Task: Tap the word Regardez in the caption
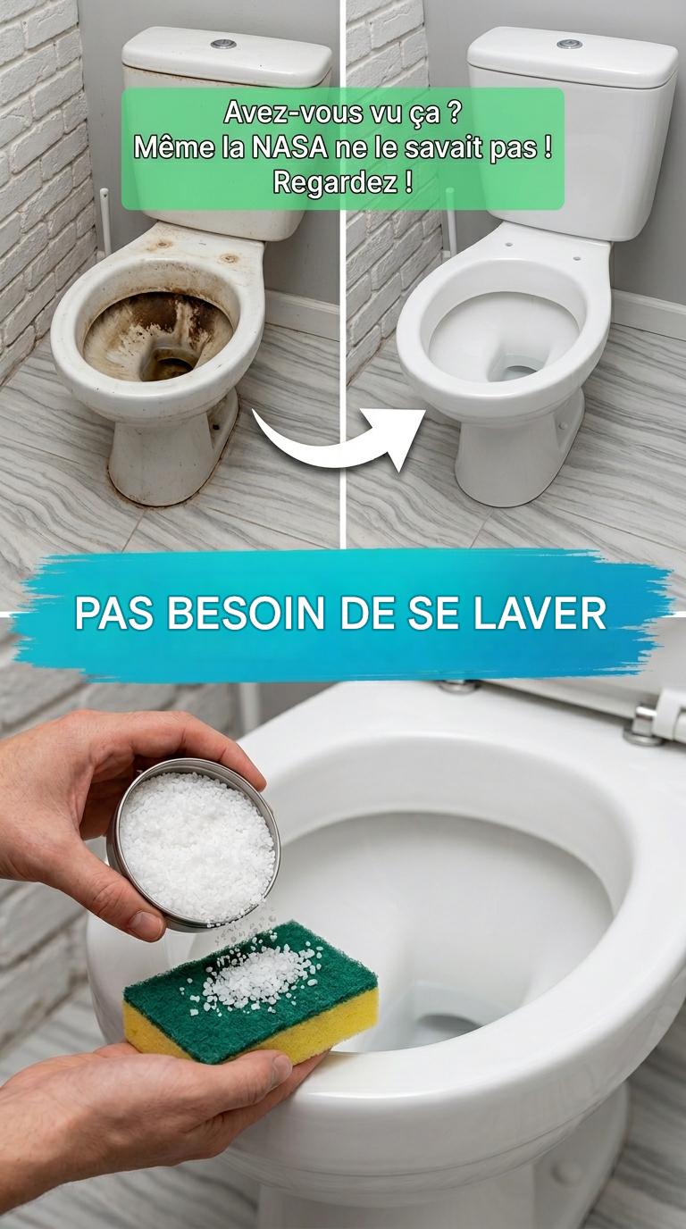[335, 183]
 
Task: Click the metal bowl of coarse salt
[195, 844]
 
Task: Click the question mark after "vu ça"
[454, 113]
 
